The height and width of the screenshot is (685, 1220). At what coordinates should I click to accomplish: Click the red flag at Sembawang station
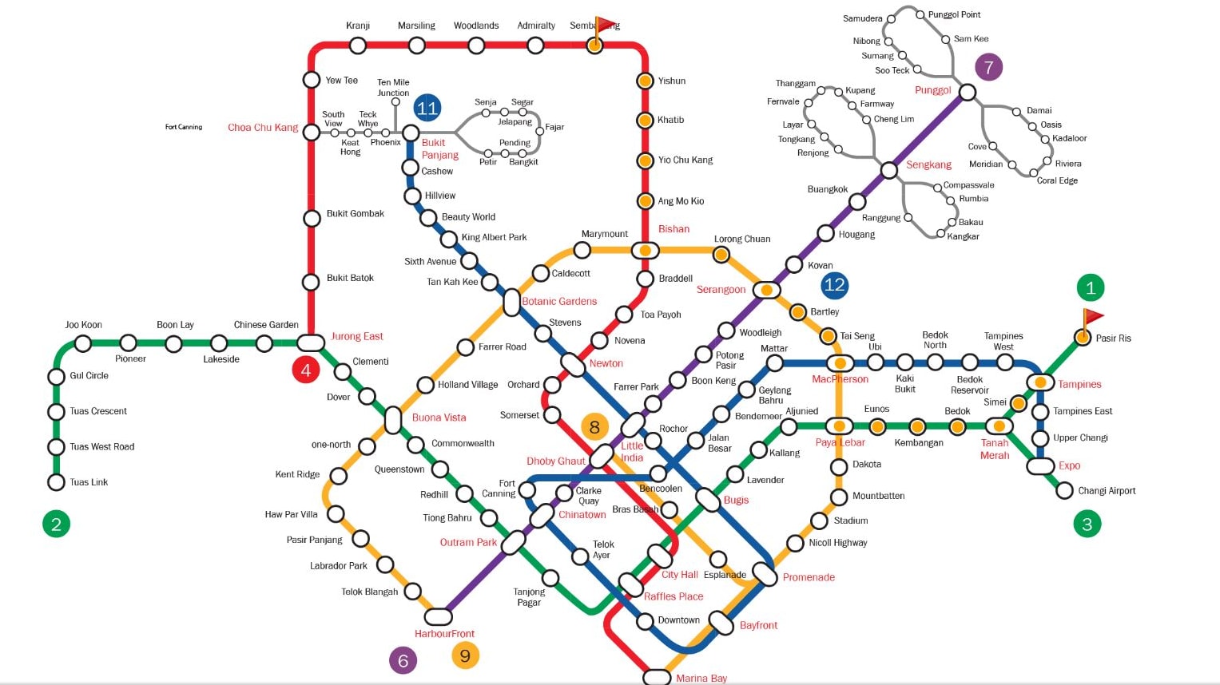point(606,26)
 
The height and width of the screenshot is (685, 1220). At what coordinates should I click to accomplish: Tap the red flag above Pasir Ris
point(1092,317)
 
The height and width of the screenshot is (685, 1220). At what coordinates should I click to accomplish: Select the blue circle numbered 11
point(427,108)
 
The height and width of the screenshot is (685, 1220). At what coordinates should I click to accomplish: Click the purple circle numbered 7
point(988,67)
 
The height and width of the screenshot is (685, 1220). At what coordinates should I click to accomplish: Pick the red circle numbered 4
point(305,370)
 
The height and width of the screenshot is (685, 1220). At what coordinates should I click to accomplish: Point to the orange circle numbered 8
point(594,427)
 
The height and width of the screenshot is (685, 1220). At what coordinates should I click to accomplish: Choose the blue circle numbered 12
point(834,285)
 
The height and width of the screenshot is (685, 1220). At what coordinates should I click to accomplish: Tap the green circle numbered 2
point(56,524)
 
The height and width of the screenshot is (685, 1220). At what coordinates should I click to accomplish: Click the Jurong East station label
point(357,336)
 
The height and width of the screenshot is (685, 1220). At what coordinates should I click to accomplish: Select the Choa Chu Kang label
point(263,127)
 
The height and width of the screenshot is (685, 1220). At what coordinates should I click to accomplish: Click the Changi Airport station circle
point(1064,490)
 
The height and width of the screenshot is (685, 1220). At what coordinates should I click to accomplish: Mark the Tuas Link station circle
point(56,482)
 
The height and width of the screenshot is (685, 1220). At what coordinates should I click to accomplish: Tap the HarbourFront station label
point(444,634)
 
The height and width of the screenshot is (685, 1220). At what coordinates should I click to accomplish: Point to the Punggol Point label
point(954,14)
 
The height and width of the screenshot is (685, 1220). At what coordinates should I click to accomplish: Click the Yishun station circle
point(645,81)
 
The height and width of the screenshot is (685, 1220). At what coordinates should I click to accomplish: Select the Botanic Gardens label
point(559,301)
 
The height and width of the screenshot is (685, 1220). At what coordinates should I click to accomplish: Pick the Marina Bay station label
point(701,678)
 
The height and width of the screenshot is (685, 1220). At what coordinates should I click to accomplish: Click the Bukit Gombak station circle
point(312,218)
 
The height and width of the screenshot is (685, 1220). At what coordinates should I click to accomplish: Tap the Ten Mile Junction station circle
point(395,101)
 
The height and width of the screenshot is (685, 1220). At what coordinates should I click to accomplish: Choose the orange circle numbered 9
point(465,655)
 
